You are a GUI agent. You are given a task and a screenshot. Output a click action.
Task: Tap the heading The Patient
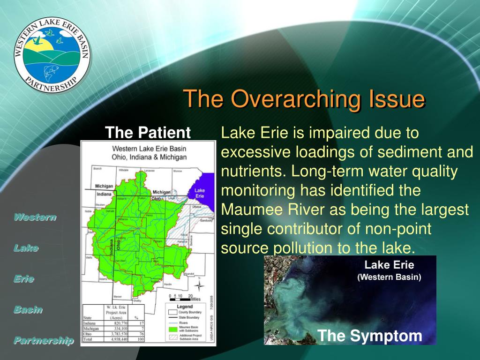(148, 133)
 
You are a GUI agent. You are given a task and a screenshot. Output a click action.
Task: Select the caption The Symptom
(369, 336)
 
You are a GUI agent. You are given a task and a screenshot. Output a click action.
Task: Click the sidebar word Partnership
(43, 340)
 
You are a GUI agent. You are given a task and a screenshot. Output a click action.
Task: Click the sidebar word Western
(35, 217)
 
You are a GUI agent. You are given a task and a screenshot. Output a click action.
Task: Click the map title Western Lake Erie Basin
(148, 149)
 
